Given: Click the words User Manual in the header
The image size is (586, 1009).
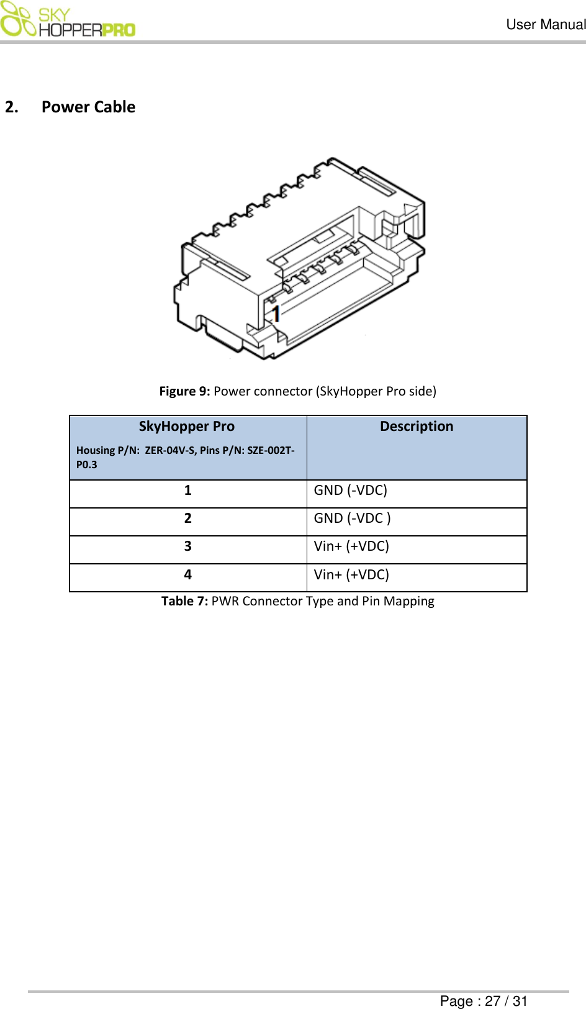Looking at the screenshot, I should [546, 25].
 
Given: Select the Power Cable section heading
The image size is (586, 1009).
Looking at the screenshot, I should [88, 107].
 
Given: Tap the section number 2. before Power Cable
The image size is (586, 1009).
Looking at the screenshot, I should [11, 107].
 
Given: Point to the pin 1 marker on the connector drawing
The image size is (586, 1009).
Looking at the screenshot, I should [277, 313].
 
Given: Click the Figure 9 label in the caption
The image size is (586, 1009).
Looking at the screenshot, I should [184, 391].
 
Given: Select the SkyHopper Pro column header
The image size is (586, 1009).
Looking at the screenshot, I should [187, 427].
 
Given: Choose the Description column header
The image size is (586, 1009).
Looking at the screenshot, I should [417, 427].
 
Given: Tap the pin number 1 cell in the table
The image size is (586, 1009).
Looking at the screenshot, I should [187, 491].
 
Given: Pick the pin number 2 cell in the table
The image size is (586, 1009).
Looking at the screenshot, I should [187, 518].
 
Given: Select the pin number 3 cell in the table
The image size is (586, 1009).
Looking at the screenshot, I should [187, 546].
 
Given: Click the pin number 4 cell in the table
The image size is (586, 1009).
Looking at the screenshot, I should [187, 575].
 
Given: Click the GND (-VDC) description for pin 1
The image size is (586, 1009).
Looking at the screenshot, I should [350, 491].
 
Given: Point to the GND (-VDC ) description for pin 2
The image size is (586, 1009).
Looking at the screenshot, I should [352, 518].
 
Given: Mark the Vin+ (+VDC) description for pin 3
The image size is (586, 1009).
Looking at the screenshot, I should [351, 546].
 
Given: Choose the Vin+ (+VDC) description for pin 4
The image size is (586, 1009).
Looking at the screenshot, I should [351, 575].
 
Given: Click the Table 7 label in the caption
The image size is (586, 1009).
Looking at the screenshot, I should [184, 601].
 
